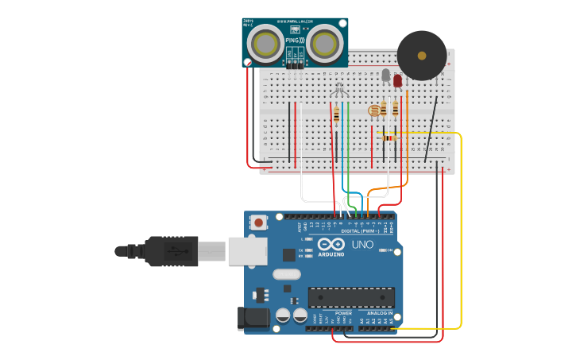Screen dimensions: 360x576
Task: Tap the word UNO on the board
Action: tap(362, 245)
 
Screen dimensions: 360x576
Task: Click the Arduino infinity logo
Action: tap(331, 244)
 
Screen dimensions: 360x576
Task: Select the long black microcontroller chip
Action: tap(351, 296)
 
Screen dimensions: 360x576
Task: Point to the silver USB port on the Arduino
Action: tap(247, 250)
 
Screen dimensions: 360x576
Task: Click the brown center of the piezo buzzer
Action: tap(422, 56)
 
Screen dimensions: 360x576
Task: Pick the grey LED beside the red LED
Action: tap(386, 75)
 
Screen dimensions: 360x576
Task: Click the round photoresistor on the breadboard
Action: tap(374, 110)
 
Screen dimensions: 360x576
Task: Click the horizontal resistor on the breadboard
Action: tap(389, 138)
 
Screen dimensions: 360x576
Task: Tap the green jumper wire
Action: tap(348, 151)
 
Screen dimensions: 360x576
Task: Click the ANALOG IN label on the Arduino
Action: tap(379, 313)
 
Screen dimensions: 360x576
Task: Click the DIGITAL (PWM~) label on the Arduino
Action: tap(361, 230)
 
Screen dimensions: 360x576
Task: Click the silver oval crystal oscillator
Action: tap(287, 274)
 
